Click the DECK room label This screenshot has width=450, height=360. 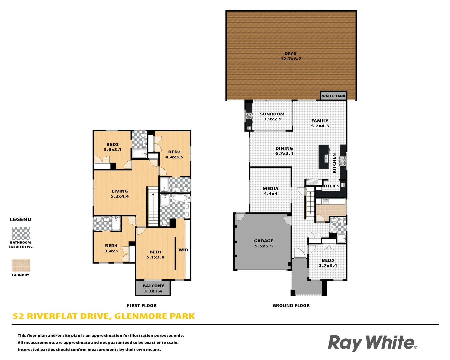point(290,54)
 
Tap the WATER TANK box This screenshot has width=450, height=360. point(333,96)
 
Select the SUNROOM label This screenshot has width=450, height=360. point(272,114)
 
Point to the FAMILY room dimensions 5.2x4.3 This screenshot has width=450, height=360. point(320,126)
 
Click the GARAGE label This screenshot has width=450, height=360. point(263,241)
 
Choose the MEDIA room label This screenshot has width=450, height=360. point(270,189)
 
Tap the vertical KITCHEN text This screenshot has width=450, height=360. point(334,163)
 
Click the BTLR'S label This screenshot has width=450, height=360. point(332,186)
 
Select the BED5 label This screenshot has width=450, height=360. point(328,260)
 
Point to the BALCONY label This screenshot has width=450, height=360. point(153,286)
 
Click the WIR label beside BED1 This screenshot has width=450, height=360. point(183,250)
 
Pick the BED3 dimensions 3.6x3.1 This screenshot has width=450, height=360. point(113,150)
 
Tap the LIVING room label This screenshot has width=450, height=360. point(120,191)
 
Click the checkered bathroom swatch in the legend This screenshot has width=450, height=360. point(21,233)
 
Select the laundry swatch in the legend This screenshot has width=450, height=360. point(21,265)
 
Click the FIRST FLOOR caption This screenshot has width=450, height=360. point(142,306)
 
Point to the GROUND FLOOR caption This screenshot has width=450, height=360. point(291,306)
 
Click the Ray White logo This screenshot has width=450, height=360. point(372,343)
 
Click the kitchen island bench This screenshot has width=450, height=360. point(324,157)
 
